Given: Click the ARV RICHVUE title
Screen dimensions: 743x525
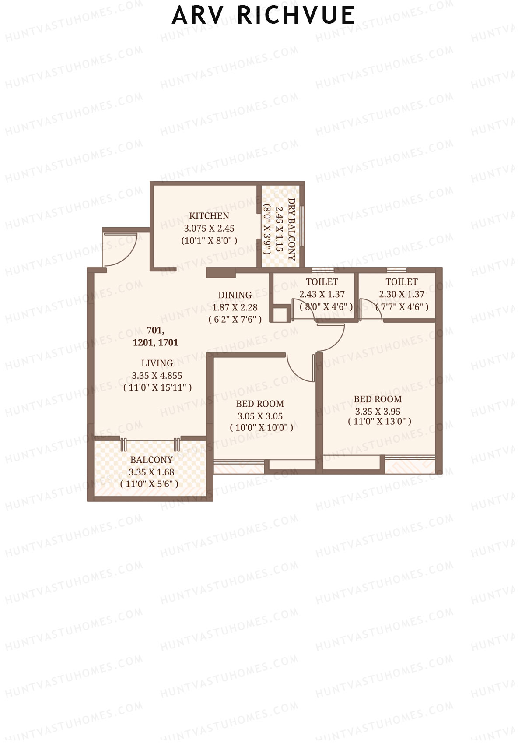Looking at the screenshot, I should pyautogui.click(x=263, y=15).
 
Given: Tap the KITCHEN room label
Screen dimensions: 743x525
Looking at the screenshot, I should pyautogui.click(x=209, y=216).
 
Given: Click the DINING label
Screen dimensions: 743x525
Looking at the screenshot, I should pyautogui.click(x=235, y=295).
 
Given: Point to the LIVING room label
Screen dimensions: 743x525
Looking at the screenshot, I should pyautogui.click(x=157, y=363).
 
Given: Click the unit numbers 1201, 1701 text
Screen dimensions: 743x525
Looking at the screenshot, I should pyautogui.click(x=156, y=342).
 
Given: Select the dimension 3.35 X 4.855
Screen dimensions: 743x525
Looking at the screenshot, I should pyautogui.click(x=157, y=375).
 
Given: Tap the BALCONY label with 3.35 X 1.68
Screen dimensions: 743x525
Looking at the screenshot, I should pyautogui.click(x=151, y=460).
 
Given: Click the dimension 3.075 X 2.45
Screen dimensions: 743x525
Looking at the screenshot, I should pyautogui.click(x=209, y=228).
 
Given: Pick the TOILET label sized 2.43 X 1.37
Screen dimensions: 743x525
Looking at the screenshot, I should pyautogui.click(x=322, y=282).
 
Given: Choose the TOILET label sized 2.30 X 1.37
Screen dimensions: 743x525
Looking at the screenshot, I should pyautogui.click(x=402, y=282).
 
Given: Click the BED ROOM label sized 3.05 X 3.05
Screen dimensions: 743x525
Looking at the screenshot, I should pyautogui.click(x=260, y=404).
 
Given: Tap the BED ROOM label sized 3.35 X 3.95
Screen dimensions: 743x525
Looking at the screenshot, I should pyautogui.click(x=378, y=399).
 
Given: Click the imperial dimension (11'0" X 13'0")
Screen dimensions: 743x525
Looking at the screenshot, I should pyautogui.click(x=379, y=421).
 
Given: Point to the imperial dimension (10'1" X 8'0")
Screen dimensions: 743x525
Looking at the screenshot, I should pyautogui.click(x=209, y=240).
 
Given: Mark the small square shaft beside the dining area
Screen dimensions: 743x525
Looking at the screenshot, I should pyautogui.click(x=280, y=315).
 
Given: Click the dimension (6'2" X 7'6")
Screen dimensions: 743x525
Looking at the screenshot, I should pyautogui.click(x=235, y=320).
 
